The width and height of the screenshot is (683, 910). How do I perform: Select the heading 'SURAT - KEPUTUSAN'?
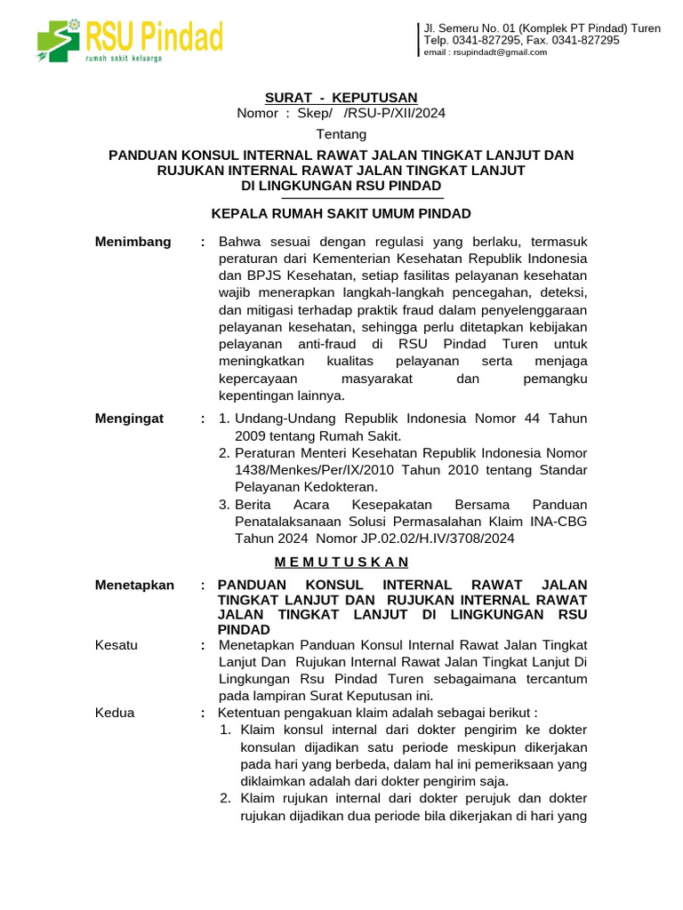click(x=341, y=97)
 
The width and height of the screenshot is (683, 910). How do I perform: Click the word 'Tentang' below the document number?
click(x=341, y=134)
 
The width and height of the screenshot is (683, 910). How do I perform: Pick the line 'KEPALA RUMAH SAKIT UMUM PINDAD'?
click(x=341, y=213)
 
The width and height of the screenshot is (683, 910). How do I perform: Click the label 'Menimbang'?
click(x=133, y=242)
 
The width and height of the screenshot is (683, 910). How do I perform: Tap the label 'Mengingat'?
click(x=130, y=419)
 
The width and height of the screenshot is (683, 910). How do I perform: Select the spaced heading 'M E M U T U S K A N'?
click(x=341, y=562)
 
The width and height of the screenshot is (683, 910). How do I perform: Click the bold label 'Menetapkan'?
click(x=134, y=585)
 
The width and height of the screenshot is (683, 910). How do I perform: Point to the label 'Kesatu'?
click(x=117, y=645)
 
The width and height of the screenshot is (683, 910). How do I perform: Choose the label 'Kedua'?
click(x=116, y=712)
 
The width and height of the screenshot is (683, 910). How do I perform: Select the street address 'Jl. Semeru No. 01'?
click(x=471, y=28)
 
